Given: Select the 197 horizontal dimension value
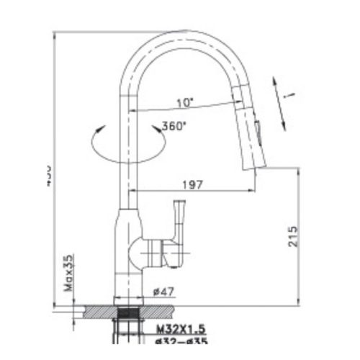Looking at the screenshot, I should tap(191, 184).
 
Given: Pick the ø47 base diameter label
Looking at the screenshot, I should tap(164, 292).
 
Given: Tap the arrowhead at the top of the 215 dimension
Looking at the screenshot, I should tap(296, 171).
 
